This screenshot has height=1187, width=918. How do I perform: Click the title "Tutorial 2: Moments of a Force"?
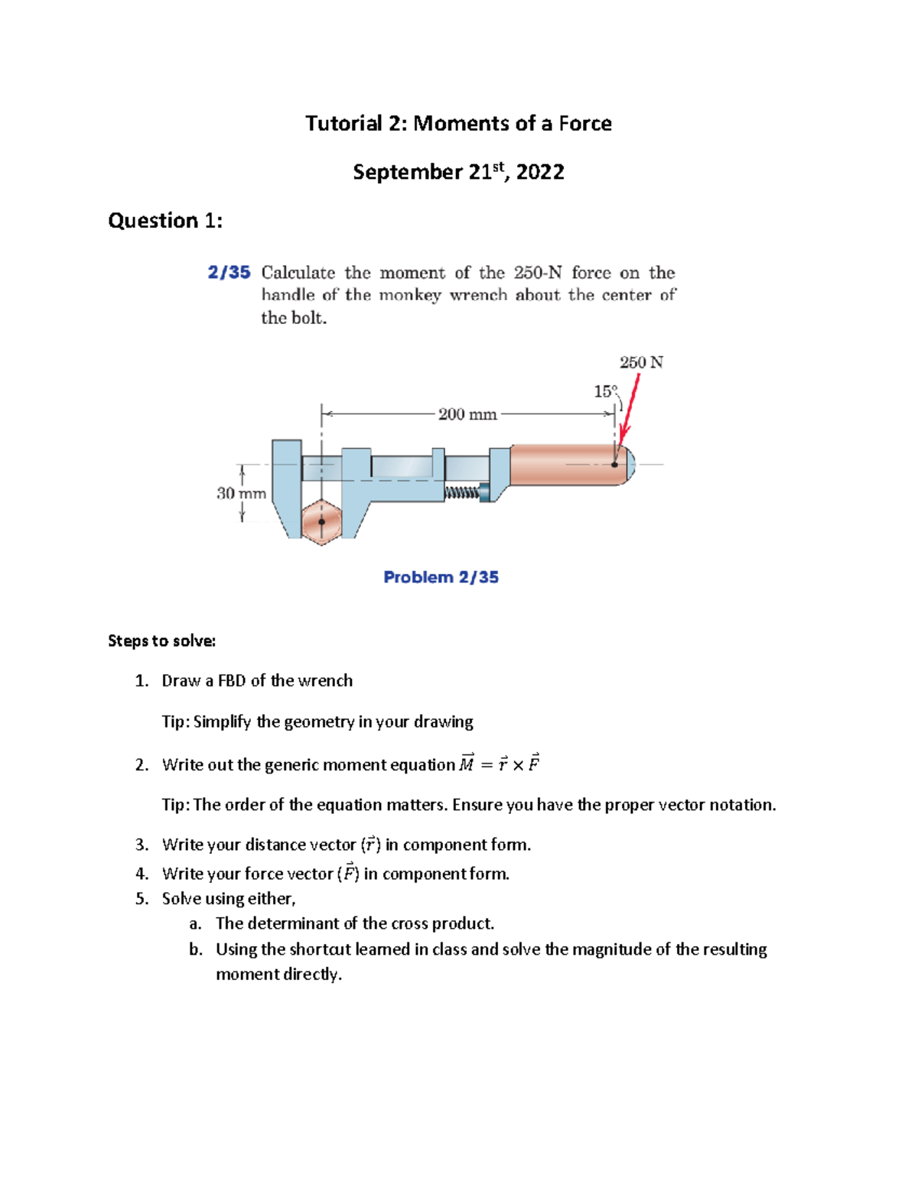(458, 124)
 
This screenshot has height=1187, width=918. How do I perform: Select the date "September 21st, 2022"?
(458, 172)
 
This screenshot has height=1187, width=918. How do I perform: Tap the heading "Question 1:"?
(165, 221)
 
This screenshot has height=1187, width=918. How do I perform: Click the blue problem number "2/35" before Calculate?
(229, 273)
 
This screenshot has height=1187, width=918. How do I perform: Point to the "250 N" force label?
(641, 362)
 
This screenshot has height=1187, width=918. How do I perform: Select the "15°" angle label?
(605, 391)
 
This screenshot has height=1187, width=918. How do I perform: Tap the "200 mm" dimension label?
(467, 414)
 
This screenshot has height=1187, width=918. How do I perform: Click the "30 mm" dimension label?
(241, 494)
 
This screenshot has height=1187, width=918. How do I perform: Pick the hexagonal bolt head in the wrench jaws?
(321, 522)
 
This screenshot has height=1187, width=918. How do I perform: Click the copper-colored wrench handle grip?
(566, 464)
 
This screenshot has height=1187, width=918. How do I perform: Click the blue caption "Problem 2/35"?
(441, 578)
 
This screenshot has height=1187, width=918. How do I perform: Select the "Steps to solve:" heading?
(161, 641)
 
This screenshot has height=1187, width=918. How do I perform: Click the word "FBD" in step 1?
(232, 681)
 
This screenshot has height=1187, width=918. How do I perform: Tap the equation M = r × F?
(500, 764)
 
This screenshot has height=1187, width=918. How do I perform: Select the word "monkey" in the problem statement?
(410, 295)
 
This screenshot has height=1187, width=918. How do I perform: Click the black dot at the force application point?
(615, 464)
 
